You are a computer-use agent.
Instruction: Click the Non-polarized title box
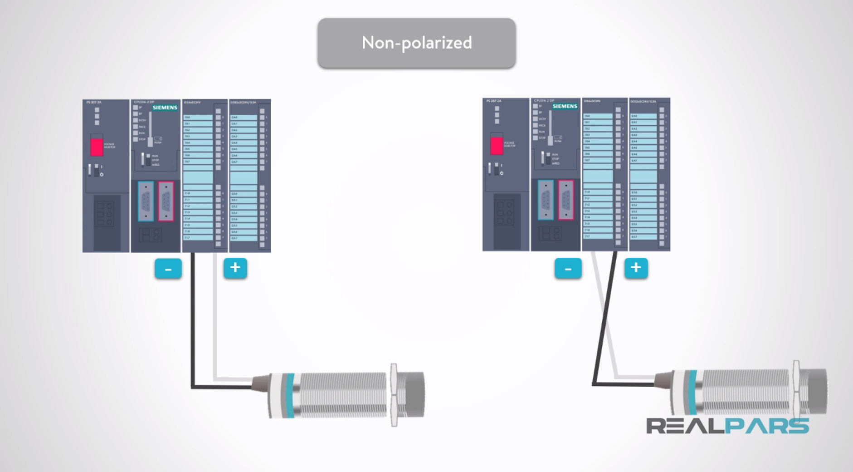point(416,43)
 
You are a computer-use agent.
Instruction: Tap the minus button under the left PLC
point(168,269)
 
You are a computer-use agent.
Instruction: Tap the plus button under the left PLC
point(235,268)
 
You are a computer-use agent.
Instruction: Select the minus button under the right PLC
point(568,269)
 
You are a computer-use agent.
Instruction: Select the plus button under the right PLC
point(636,268)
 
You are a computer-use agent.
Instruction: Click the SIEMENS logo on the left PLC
point(165,108)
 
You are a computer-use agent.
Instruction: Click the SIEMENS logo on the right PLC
point(565,106)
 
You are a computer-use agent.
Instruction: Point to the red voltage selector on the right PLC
point(497,145)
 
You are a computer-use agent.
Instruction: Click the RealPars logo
point(727,426)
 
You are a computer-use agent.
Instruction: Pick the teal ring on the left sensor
point(289,395)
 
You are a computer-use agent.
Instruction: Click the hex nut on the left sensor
point(394,395)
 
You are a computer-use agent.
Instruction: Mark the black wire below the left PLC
point(193,318)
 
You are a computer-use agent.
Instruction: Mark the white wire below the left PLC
point(215,318)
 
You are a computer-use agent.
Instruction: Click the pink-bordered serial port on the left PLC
point(166,201)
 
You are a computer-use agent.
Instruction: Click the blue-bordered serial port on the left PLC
point(146,201)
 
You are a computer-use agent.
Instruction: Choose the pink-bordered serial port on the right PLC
point(566,200)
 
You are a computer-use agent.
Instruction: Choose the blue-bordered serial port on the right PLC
point(546,200)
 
